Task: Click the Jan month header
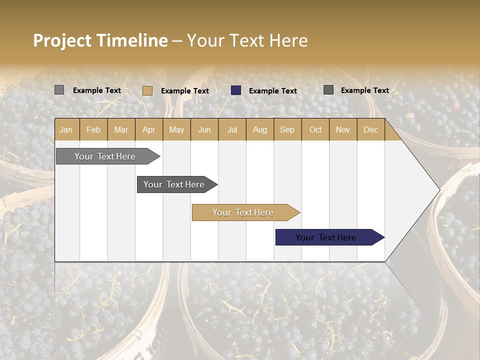pos(66,129)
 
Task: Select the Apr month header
pos(148,129)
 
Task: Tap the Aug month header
pos(259,129)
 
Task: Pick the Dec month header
pos(370,129)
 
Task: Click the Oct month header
pos(315,129)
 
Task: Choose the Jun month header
pos(204,129)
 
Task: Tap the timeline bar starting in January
pos(105,156)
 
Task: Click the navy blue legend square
pos(236,90)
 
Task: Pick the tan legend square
pos(147,90)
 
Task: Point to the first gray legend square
pos(59,90)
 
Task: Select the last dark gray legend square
pos(328,90)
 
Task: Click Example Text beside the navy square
pos(272,91)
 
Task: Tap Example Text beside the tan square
pos(184,91)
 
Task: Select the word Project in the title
pos(62,40)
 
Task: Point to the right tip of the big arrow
pos(439,190)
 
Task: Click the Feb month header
pos(93,129)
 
